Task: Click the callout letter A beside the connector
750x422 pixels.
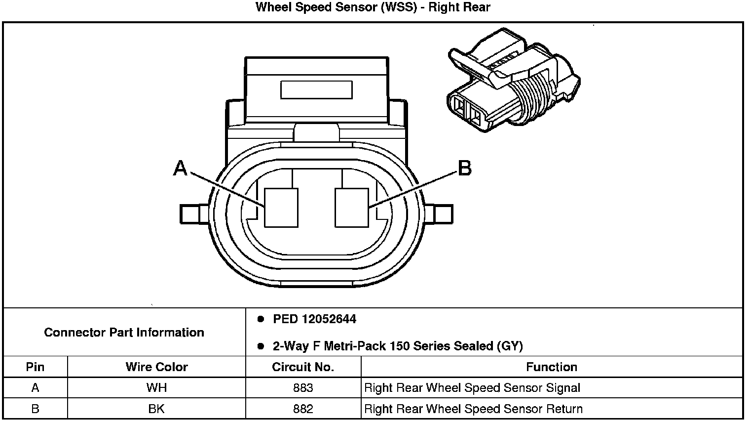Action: (181, 169)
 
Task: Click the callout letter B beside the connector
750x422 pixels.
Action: (465, 169)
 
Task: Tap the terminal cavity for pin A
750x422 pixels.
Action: (281, 208)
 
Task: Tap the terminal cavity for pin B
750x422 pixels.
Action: (351, 208)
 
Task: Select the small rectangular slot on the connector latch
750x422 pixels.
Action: (316, 90)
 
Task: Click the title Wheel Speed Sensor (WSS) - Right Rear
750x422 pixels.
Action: (373, 7)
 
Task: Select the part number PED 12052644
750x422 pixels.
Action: (314, 319)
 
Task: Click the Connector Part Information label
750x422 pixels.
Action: (124, 332)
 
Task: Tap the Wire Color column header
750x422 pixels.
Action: (156, 367)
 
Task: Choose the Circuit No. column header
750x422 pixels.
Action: (303, 367)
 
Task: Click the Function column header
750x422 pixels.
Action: (551, 367)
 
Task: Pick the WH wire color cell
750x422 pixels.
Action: (156, 388)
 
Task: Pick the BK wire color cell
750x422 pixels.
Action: (156, 409)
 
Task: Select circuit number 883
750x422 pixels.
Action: (303, 388)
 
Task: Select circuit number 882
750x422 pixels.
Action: (303, 409)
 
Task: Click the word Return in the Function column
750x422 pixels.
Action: (564, 409)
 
